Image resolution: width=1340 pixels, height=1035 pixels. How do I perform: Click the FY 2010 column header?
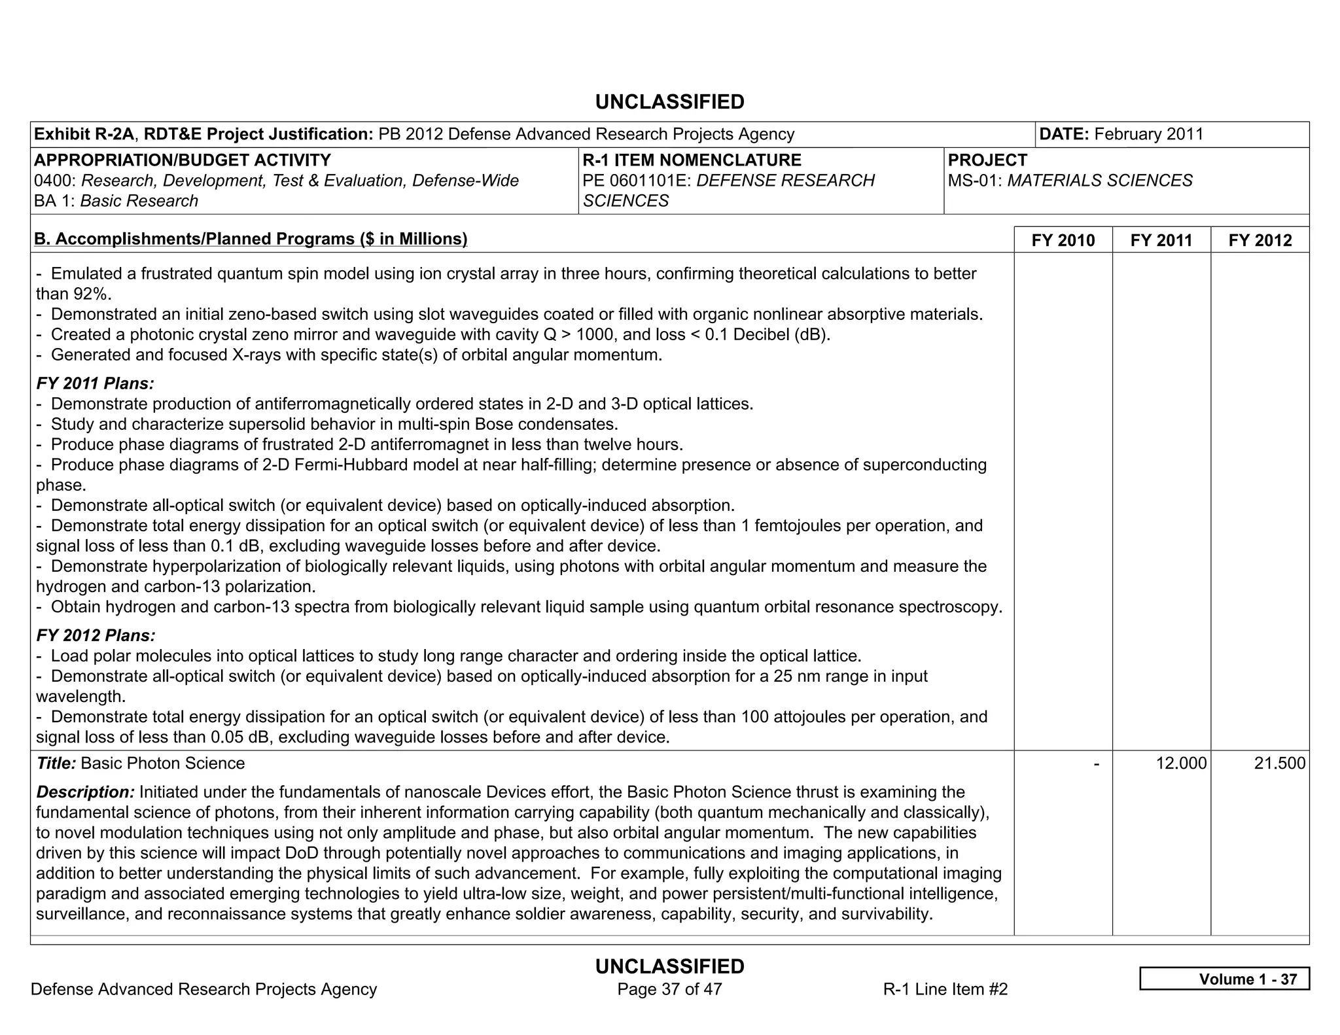tap(1063, 240)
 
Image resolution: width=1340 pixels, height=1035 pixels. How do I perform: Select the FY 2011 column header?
tap(1161, 240)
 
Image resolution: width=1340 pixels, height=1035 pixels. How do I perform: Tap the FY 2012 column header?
tap(1260, 240)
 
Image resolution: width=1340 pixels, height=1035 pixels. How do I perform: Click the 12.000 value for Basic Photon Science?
tap(1180, 763)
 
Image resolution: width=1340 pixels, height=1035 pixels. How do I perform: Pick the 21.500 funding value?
tap(1279, 763)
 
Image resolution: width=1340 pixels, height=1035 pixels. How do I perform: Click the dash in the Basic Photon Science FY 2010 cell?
tap(1096, 763)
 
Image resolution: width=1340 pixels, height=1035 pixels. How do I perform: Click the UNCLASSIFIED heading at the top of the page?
tap(669, 102)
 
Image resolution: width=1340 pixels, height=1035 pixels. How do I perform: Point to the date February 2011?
tap(1148, 134)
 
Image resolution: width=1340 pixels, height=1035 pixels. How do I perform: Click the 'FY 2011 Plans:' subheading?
tap(95, 383)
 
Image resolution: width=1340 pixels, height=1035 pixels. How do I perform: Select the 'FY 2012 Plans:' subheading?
tap(96, 635)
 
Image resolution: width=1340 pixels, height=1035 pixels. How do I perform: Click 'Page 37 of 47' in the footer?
tap(669, 989)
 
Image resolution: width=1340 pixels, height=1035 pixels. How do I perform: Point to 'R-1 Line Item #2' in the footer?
tap(945, 989)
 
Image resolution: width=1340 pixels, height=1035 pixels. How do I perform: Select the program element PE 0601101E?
tap(636, 181)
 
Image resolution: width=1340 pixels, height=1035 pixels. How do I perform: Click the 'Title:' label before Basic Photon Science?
tap(56, 763)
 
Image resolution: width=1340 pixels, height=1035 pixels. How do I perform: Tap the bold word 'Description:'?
tap(85, 792)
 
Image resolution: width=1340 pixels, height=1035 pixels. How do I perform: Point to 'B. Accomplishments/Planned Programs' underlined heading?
tap(251, 239)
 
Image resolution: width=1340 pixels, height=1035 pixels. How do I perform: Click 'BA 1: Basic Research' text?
tap(116, 201)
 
